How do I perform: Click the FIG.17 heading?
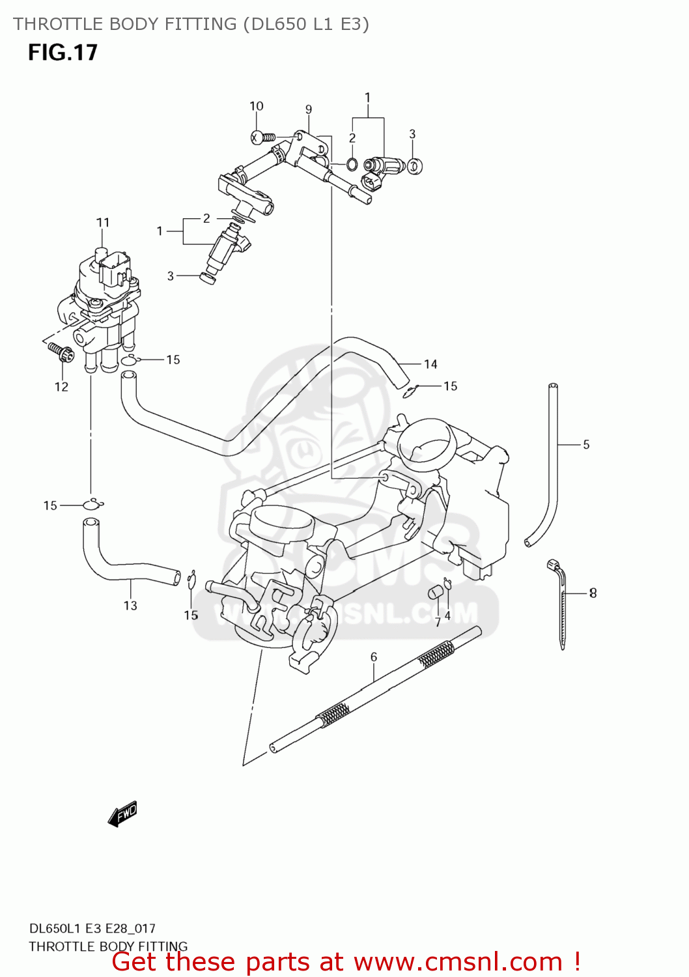(63, 52)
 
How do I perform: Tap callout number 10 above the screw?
(256, 106)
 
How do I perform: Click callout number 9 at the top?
(309, 109)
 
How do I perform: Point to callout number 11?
(103, 223)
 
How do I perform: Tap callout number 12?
(61, 387)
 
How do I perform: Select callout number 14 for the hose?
(430, 364)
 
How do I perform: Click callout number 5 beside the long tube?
(586, 445)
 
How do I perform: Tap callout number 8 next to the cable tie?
(593, 593)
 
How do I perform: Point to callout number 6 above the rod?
(374, 657)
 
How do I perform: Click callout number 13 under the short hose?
(130, 606)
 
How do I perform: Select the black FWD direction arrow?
(122, 814)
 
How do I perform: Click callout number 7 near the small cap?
(438, 622)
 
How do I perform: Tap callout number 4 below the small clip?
(447, 616)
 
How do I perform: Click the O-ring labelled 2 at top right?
(352, 164)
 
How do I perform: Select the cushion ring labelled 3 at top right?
(414, 165)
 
